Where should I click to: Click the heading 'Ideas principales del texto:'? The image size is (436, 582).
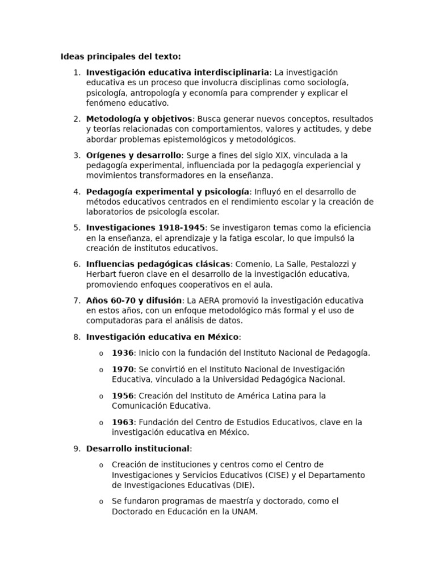tap(120, 56)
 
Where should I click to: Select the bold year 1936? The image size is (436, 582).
tap(122, 353)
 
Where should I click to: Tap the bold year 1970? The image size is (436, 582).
tap(122, 369)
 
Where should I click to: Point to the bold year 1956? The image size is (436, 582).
tap(122, 396)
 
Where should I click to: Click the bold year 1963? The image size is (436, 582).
tap(122, 422)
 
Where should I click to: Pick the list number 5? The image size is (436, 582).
tap(77, 228)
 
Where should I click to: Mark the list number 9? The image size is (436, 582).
tap(77, 449)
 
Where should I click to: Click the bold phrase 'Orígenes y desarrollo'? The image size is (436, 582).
tap(133, 155)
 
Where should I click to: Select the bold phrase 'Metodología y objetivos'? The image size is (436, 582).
tap(139, 119)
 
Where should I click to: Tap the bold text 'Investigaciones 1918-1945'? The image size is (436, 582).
tap(145, 228)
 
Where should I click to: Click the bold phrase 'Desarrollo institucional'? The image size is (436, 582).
tap(138, 449)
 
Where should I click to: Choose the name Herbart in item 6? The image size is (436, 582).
tap(102, 275)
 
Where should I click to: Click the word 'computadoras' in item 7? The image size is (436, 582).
tap(112, 321)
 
